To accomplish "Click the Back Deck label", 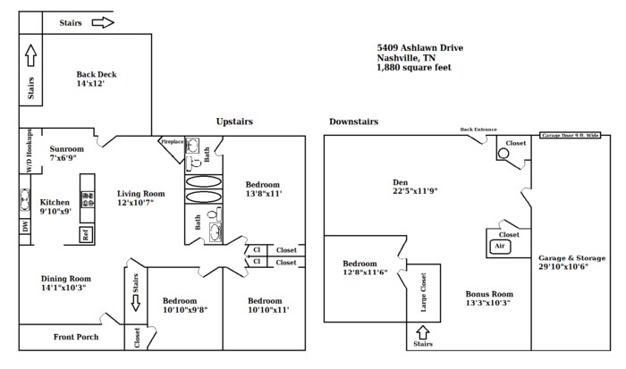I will pos(97,75).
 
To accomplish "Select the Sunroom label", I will pos(66,148).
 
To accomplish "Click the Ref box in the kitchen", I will pos(87,236).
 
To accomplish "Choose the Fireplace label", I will pos(171,141).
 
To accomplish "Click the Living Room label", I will pos(141,193).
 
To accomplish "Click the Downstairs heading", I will pos(353,122).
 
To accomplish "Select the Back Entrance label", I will pos(478,130).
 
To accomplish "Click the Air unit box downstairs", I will pos(500,245).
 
